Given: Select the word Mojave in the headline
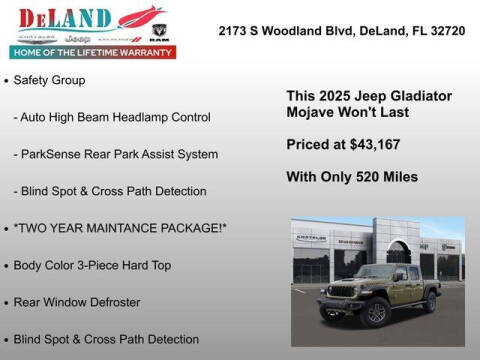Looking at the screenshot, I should [x=312, y=112].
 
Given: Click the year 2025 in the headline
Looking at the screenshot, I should [x=334, y=95].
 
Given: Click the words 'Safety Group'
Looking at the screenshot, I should [x=49, y=79].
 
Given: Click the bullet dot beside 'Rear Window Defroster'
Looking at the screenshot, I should [x=7, y=302].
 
